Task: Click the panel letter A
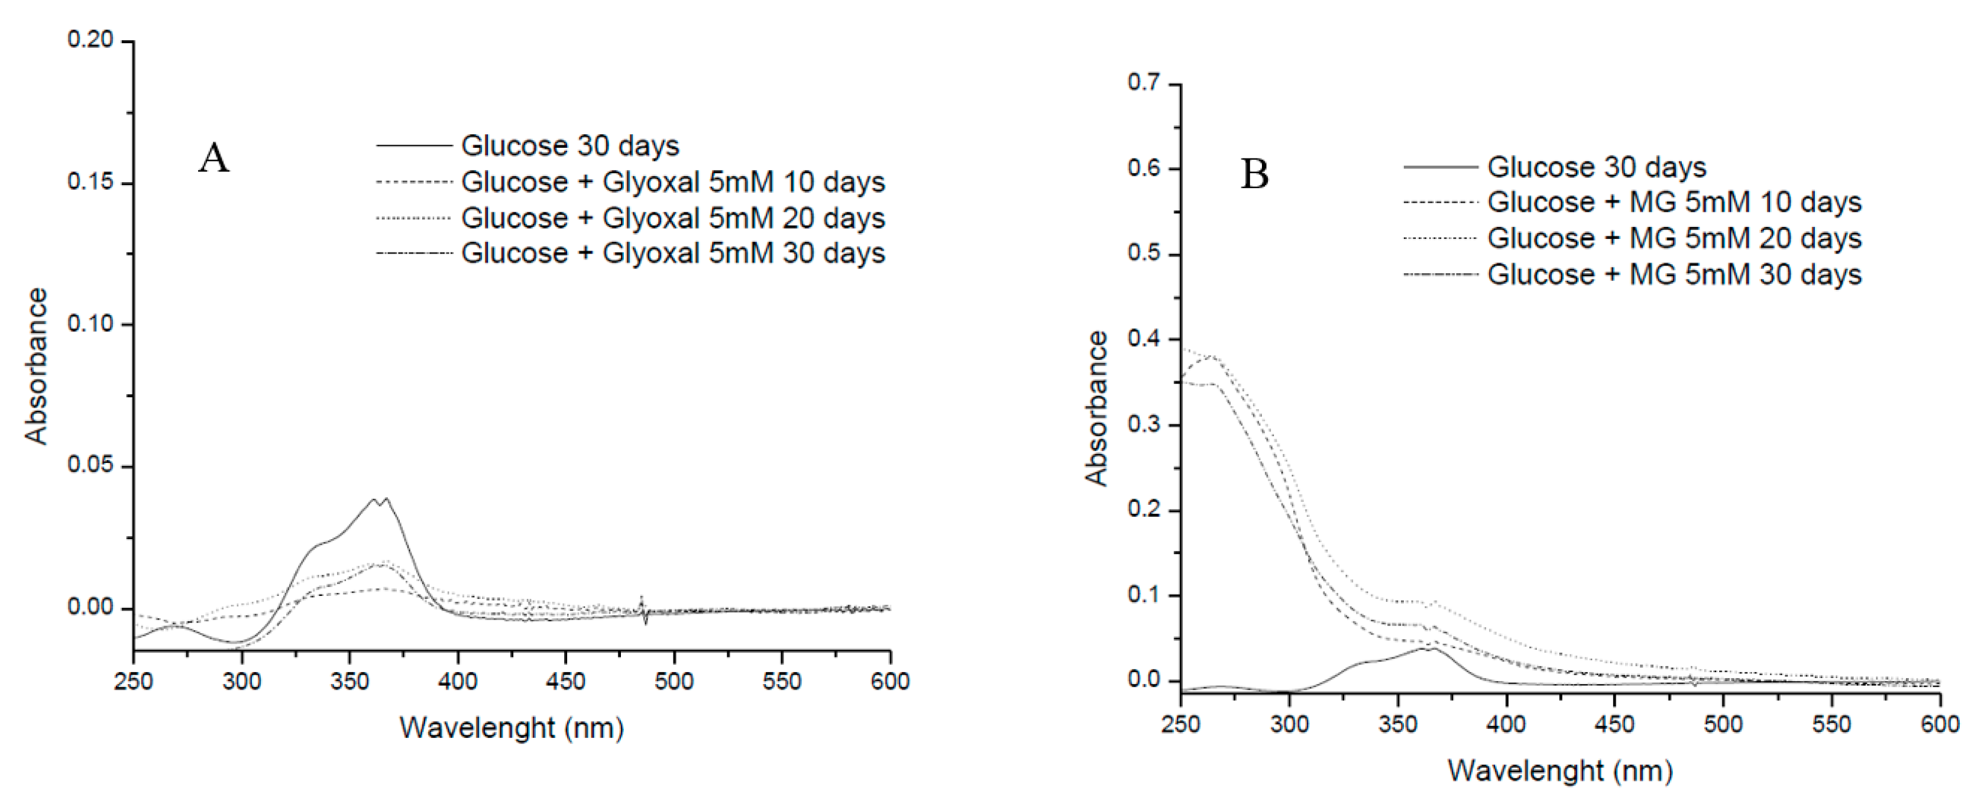click(213, 159)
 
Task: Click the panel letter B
click(1254, 174)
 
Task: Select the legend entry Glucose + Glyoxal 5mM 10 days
click(672, 182)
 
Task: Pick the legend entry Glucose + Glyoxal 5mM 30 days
click(672, 253)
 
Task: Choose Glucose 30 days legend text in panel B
click(1596, 167)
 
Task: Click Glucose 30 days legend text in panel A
click(570, 146)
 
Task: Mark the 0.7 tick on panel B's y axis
click(1145, 83)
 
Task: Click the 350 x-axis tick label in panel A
click(349, 681)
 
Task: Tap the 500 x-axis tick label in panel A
click(674, 681)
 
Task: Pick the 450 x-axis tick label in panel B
click(1614, 724)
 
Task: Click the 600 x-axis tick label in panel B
click(1940, 724)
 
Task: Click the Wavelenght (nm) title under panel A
click(511, 728)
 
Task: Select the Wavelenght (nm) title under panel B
click(1559, 770)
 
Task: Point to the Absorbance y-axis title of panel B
click(1096, 409)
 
